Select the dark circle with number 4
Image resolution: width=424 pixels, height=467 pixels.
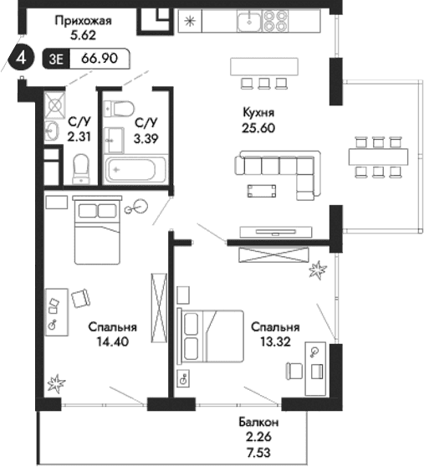click(23, 59)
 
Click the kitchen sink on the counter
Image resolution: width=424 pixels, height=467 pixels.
click(249, 21)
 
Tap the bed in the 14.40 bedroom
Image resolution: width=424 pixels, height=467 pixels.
click(100, 230)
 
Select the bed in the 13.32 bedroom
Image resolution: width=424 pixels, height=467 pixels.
click(209, 334)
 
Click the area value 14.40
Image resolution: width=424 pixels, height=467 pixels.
click(113, 343)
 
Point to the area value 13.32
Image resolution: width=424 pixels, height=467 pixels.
click(275, 343)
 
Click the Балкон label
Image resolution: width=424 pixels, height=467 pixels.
click(263, 425)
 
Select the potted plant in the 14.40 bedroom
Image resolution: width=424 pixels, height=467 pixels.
click(56, 384)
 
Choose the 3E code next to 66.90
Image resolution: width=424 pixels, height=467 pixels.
click(59, 59)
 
